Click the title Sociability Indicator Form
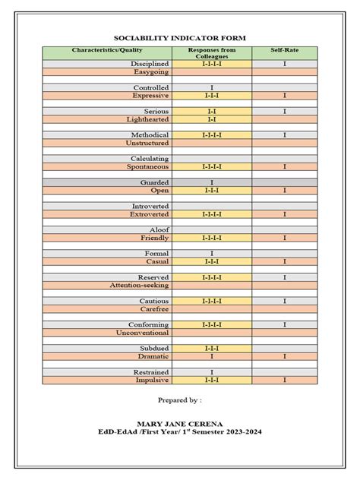pos(180,38)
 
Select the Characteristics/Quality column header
pos(107,50)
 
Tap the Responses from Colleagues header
pos(212,53)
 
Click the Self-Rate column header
pos(285,50)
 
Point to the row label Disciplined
pos(150,65)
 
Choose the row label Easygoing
pos(151,72)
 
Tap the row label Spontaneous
pos(149,166)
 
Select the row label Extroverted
pos(150,214)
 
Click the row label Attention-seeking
pos(140,285)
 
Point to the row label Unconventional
pos(142,333)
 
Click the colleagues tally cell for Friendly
pos(212,238)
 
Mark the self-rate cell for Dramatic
pos(285,356)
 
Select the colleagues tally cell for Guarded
pos(212,183)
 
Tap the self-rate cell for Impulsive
pos(285,380)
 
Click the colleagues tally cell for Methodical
pos(212,134)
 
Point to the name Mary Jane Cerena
pos(180,425)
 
